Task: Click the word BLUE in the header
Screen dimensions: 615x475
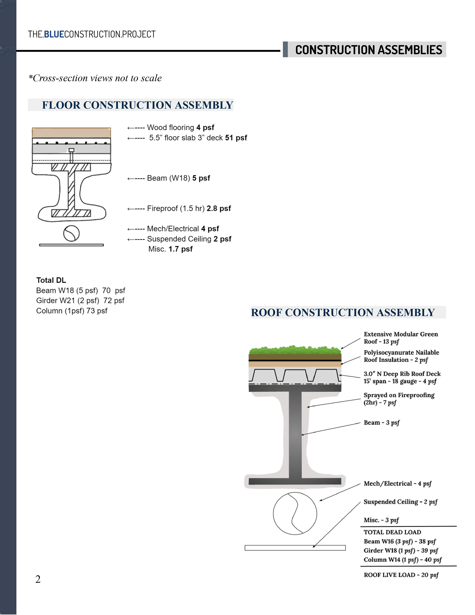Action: coord(54,34)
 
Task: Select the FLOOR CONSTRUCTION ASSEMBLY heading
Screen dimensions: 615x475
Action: coord(137,105)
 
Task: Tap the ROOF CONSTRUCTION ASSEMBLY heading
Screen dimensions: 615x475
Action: coord(343,312)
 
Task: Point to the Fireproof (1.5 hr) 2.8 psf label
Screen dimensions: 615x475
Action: coord(189,208)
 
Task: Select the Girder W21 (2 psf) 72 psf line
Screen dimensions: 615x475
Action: coord(80,300)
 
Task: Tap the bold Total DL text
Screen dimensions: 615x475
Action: coord(51,280)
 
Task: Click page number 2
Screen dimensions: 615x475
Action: coord(38,579)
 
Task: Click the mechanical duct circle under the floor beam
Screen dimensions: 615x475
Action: coord(71,233)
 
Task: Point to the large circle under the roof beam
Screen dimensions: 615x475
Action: coord(295,513)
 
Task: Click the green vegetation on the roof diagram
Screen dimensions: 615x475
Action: coord(295,350)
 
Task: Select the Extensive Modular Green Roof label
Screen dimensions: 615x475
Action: coord(400,338)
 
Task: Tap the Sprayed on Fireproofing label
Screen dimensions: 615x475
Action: coord(399,398)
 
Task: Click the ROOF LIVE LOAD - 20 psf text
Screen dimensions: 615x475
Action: coord(401,575)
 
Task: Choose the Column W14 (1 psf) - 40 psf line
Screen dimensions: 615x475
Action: coord(402,560)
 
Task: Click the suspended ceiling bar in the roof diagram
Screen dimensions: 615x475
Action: coord(295,548)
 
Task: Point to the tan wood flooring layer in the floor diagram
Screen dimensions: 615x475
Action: coord(71,133)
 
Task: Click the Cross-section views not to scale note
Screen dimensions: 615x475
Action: coord(95,78)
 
